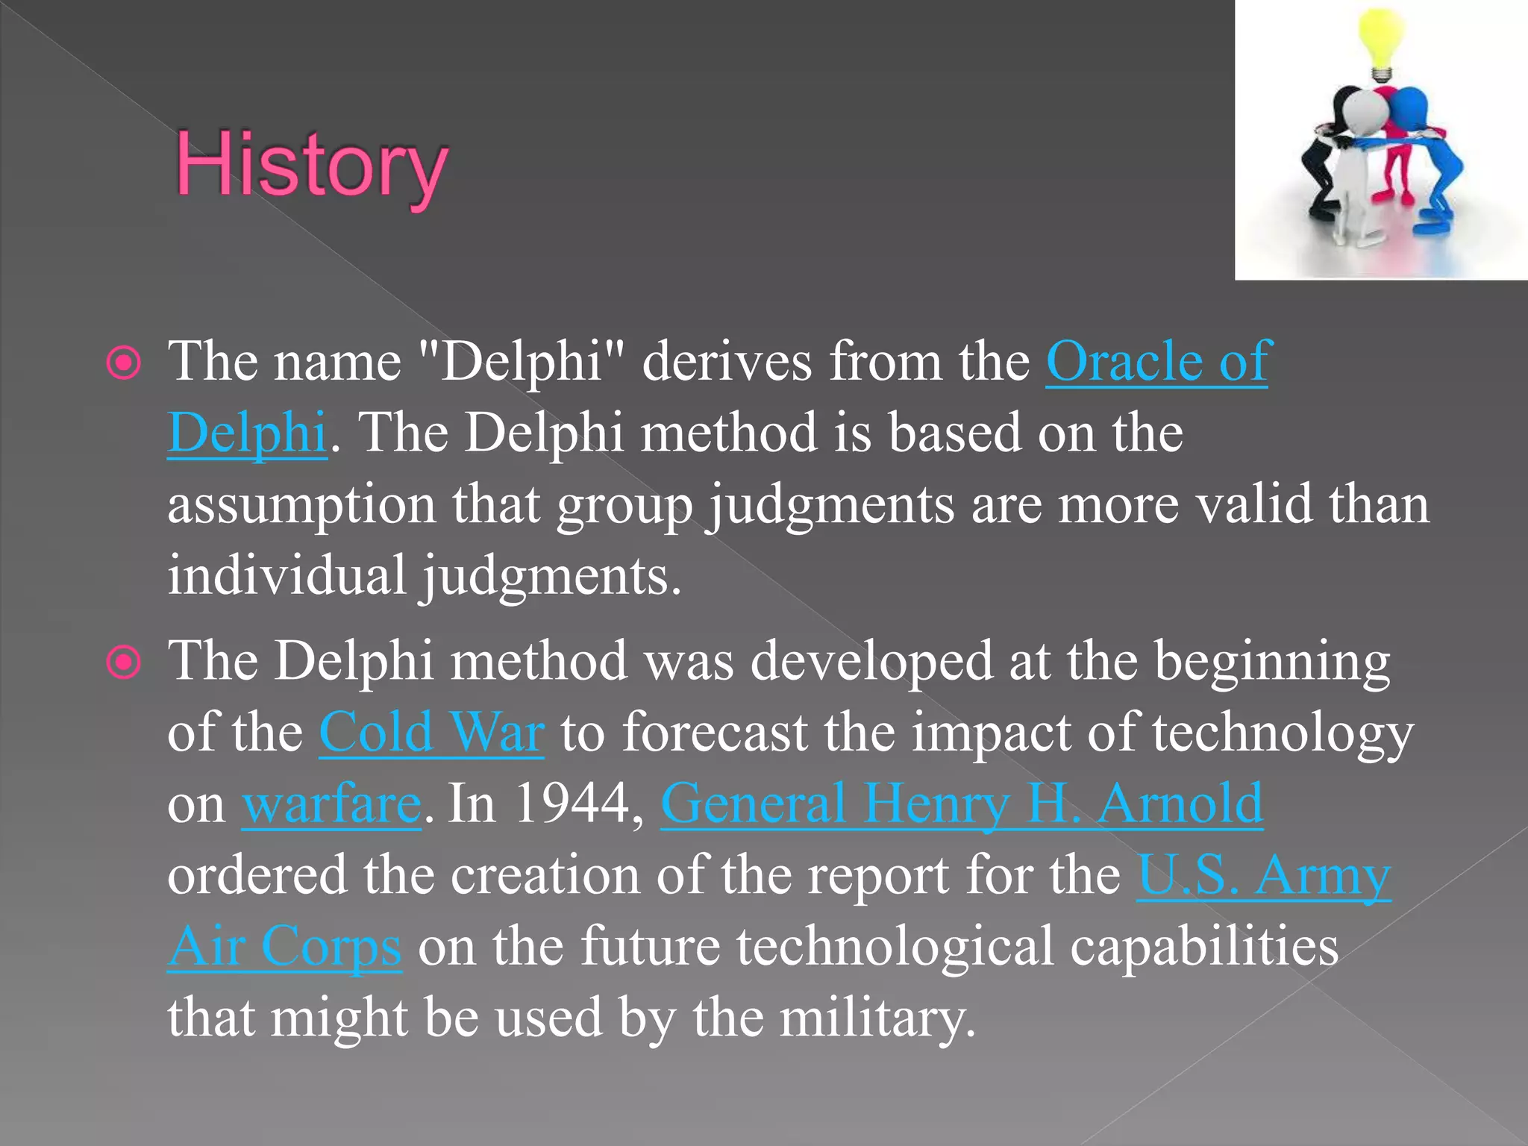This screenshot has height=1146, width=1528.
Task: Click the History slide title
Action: click(312, 166)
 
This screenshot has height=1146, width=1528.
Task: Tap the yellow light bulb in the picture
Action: click(1380, 41)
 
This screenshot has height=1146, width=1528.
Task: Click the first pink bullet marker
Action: click(124, 363)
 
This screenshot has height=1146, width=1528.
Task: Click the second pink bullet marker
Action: click(124, 663)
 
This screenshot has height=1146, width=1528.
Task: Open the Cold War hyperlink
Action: click(431, 733)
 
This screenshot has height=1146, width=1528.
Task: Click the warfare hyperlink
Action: click(331, 804)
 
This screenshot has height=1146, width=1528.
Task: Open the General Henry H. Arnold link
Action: click(961, 804)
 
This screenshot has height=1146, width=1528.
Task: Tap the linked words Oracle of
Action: click(1156, 362)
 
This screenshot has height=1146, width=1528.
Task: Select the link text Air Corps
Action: click(285, 947)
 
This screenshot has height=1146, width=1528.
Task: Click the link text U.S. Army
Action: click(1262, 875)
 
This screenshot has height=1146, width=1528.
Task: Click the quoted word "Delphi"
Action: click(521, 362)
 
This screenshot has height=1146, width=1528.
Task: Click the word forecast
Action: click(715, 733)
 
